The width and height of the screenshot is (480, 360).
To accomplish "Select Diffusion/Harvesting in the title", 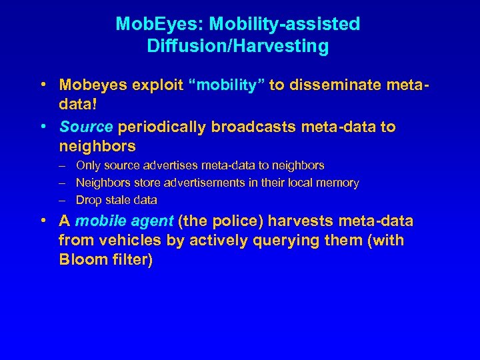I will coord(237,47).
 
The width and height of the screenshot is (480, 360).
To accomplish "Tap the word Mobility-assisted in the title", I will coord(285,25).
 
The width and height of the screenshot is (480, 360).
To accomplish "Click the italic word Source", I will coord(86,127).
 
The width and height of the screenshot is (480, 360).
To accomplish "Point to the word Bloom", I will coord(79,260).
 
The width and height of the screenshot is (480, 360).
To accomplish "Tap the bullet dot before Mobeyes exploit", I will coord(43,85).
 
